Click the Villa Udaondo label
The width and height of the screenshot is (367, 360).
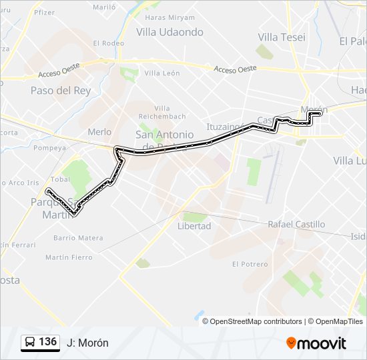coord(169,32)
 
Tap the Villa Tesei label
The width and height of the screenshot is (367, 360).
coord(282,37)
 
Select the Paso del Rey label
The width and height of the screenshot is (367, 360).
coord(61,90)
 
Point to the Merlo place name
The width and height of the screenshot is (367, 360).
coord(99,132)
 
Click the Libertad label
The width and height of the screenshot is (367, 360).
coord(194,226)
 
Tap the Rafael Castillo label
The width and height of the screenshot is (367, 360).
coord(296,225)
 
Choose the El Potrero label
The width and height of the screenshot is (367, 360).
coord(250,264)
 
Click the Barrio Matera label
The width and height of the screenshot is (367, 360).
coord(79,238)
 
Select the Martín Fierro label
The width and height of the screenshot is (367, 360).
coord(69,257)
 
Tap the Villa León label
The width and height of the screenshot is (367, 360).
coord(162,73)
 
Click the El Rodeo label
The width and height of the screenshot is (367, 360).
coord(109,43)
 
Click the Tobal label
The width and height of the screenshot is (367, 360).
coord(60,179)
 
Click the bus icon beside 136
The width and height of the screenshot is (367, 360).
coord(30,343)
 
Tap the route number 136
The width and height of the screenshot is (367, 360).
coord(47,342)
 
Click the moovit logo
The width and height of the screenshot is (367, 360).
coord(316,343)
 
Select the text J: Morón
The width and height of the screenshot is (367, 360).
coord(87,343)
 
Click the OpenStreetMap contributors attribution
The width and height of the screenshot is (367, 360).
coord(256,321)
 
